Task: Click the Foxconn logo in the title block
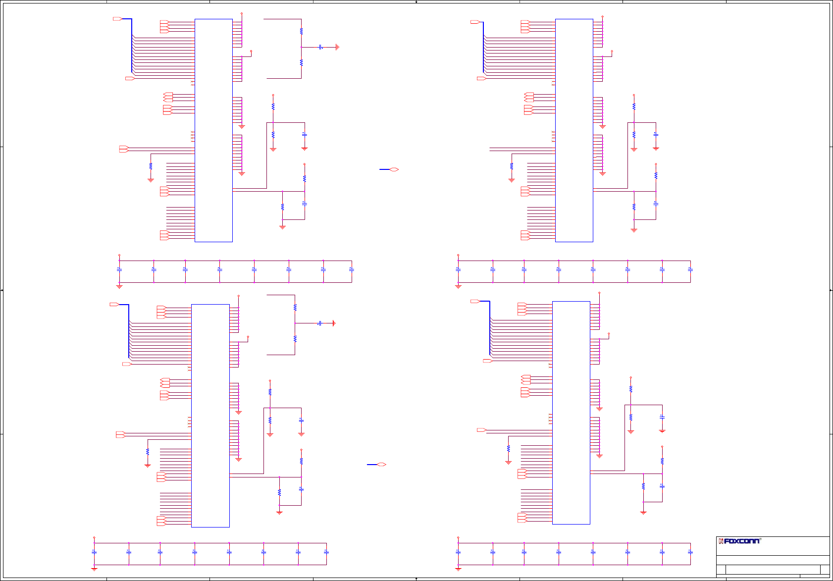coord(739,541)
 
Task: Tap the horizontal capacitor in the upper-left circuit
coord(321,47)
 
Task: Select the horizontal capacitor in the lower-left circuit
coord(320,323)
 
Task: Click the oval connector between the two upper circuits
coord(394,169)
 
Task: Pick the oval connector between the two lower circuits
coord(381,465)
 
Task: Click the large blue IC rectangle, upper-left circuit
coord(213,130)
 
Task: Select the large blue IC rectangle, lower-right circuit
coord(571,413)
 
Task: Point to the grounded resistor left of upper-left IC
coord(151,166)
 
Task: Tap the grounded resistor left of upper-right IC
coord(512,166)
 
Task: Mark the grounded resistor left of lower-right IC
coord(508,449)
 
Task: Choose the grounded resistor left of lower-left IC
coord(148,452)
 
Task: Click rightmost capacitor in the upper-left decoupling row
coord(352,269)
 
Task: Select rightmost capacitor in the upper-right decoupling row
coord(690,269)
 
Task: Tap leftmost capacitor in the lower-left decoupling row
coord(94,552)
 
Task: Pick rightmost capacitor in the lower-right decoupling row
coord(690,552)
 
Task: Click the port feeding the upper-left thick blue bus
coord(117,19)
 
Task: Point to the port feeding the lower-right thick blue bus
coord(475,301)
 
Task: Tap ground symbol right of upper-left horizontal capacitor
coord(337,47)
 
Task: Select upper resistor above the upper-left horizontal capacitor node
coord(301,31)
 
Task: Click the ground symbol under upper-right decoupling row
coord(458,286)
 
